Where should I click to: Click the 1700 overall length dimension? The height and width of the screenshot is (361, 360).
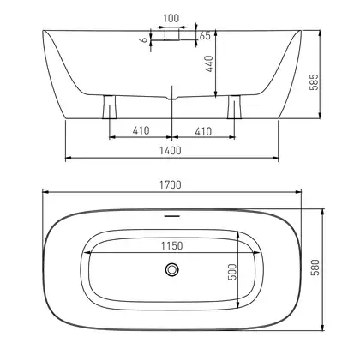[x=171, y=185]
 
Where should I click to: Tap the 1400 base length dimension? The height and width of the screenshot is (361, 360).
[x=171, y=150]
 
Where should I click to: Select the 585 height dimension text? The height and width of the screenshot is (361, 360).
[x=314, y=82]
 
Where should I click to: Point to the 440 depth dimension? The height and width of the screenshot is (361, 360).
[x=209, y=63]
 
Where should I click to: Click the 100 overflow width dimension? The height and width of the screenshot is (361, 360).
[x=171, y=19]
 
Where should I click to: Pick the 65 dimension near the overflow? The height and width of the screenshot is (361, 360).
[x=205, y=36]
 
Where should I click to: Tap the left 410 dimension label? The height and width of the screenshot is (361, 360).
[x=141, y=131]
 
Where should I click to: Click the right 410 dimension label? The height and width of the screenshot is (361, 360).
[x=203, y=131]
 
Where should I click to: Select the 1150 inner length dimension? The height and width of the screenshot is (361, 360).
[x=171, y=246]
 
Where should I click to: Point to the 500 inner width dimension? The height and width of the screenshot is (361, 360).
[x=233, y=272]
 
